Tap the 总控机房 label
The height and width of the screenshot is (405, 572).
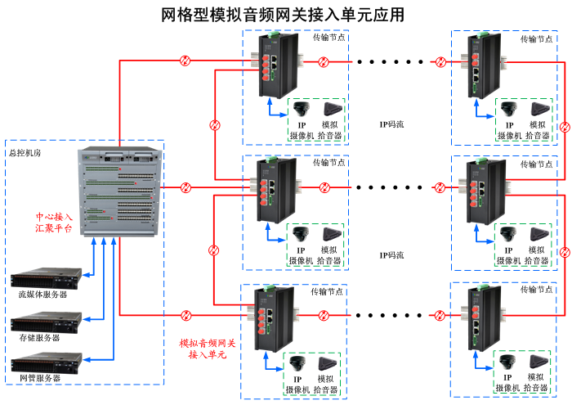(24, 152)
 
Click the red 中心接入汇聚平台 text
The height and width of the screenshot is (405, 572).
(53, 223)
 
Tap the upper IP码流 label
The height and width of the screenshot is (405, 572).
(391, 124)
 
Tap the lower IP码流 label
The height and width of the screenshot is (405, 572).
(391, 255)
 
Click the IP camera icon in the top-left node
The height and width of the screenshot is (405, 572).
(302, 110)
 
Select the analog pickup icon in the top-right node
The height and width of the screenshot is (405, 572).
(538, 110)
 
